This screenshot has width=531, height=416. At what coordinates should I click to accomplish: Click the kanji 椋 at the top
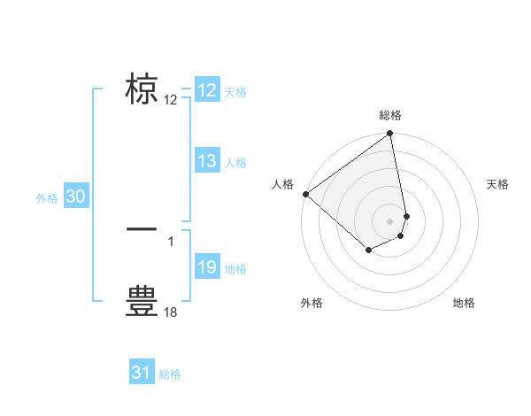click(142, 89)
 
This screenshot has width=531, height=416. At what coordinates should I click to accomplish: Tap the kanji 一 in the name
click(142, 229)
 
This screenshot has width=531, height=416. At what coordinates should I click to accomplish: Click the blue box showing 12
click(206, 90)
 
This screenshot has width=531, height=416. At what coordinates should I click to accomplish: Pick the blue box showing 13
click(206, 161)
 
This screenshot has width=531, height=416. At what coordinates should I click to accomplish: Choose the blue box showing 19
click(206, 267)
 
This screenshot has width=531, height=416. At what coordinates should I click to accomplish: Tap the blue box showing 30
click(75, 197)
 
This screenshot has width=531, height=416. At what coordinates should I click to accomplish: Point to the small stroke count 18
click(171, 312)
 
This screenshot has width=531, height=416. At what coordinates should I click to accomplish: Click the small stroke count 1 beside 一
click(170, 241)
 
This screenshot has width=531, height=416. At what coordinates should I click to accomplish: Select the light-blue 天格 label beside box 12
click(235, 92)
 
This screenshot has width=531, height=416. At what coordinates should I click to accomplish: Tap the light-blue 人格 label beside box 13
click(235, 163)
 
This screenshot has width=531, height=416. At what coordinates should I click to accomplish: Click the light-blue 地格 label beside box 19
click(235, 269)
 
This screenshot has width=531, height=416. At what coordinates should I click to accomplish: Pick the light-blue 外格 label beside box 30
click(47, 199)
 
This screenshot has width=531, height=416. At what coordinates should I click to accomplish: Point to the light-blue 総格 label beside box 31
click(170, 374)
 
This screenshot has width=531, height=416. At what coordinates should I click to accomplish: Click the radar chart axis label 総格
click(390, 115)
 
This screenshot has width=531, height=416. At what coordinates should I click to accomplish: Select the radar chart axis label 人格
click(283, 184)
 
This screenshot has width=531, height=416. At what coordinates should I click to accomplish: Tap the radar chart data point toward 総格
click(390, 135)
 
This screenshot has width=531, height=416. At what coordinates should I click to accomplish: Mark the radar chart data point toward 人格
click(305, 193)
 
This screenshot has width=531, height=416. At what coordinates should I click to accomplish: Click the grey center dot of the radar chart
click(390, 220)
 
